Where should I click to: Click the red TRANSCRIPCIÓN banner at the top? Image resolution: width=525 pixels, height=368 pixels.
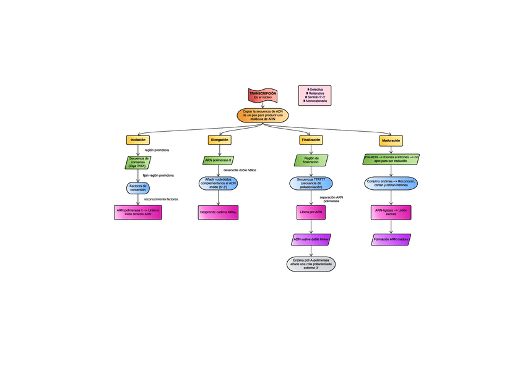[262, 95]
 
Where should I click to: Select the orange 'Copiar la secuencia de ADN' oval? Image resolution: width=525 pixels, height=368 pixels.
[262, 115]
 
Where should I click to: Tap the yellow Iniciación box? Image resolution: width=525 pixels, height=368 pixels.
[137, 140]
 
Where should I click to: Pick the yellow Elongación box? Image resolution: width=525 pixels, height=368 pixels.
[219, 140]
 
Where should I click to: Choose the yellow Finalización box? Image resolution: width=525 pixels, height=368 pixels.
[311, 140]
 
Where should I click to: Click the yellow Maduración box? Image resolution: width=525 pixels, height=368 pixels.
[391, 140]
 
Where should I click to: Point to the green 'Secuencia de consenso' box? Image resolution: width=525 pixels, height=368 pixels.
[137, 162]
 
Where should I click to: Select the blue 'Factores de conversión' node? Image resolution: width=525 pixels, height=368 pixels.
[137, 187]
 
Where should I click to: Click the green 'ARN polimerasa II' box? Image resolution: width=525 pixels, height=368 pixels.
[218, 160]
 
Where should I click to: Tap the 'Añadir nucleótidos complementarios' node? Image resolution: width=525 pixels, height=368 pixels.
[218, 184]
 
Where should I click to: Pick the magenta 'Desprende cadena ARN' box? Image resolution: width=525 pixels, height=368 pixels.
[218, 212]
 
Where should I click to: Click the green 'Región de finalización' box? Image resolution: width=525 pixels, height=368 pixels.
[311, 160]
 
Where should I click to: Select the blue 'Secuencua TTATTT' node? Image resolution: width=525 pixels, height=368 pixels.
[311, 183]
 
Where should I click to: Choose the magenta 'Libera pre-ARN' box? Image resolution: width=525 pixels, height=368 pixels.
[311, 212]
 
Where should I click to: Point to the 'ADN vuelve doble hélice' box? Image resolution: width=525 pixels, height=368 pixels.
[311, 239]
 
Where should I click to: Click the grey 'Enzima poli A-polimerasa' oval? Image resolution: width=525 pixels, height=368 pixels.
[311, 264]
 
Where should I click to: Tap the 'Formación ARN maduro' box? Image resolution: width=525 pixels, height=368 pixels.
[391, 239]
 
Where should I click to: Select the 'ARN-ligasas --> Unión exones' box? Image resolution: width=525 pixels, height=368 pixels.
[391, 212]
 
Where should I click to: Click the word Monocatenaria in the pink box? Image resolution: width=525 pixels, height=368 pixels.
[316, 101]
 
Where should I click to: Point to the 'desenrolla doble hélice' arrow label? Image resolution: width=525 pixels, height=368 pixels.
[240, 170]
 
